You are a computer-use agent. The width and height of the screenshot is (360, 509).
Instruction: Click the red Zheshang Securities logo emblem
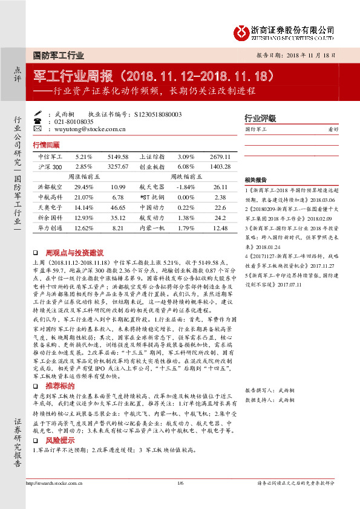pyautogui.click(x=241, y=31)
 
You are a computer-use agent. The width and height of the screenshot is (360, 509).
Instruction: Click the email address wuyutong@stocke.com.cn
pyautogui.click(x=90, y=129)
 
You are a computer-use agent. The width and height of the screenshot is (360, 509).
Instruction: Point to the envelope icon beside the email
pyautogui.click(x=48, y=129)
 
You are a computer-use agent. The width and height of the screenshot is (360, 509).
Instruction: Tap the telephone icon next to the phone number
pyautogui.click(x=48, y=121)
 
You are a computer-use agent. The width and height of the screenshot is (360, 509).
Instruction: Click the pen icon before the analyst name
pyautogui.click(x=48, y=114)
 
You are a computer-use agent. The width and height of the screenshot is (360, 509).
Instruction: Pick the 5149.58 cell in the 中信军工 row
pyautogui.click(x=118, y=156)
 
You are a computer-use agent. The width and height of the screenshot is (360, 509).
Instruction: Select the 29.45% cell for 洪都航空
pyautogui.click(x=83, y=187)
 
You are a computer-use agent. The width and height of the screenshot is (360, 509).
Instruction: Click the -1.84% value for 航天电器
pyautogui.click(x=187, y=187)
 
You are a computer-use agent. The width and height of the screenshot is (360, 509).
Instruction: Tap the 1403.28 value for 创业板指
pyautogui.click(x=221, y=166)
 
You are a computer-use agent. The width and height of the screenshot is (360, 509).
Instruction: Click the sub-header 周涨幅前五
pyautogui.click(x=83, y=177)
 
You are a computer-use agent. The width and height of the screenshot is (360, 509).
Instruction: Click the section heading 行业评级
pyautogui.click(x=260, y=118)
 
